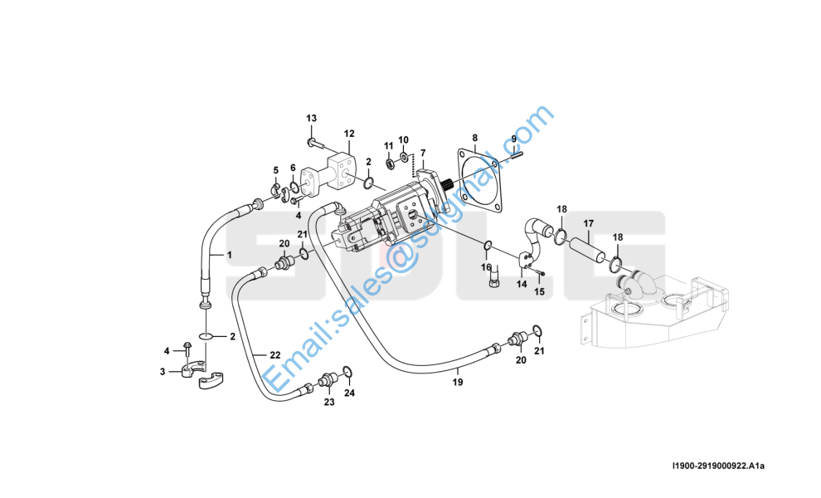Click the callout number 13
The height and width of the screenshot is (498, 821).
312,118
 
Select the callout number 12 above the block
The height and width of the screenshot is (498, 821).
349,134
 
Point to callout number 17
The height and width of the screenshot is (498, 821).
589,224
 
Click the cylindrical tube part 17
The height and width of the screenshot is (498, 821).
587,249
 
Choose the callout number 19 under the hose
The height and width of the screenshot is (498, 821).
458,382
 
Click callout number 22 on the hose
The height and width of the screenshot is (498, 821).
275,355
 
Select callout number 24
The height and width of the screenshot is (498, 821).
349,393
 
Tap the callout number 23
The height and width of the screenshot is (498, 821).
329,402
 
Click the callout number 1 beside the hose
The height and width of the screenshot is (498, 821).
230,256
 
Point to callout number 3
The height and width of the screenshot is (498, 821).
163,372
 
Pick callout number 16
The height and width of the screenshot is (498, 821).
487,267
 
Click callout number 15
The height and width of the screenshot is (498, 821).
539,291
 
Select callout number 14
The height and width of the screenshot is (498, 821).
522,284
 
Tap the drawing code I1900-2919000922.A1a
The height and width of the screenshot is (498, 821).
719,466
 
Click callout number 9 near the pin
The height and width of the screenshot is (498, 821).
514,139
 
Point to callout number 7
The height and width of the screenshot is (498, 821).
423,153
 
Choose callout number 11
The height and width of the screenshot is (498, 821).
388,145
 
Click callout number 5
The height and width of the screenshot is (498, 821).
276,170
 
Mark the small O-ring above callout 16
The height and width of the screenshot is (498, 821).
487,244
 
